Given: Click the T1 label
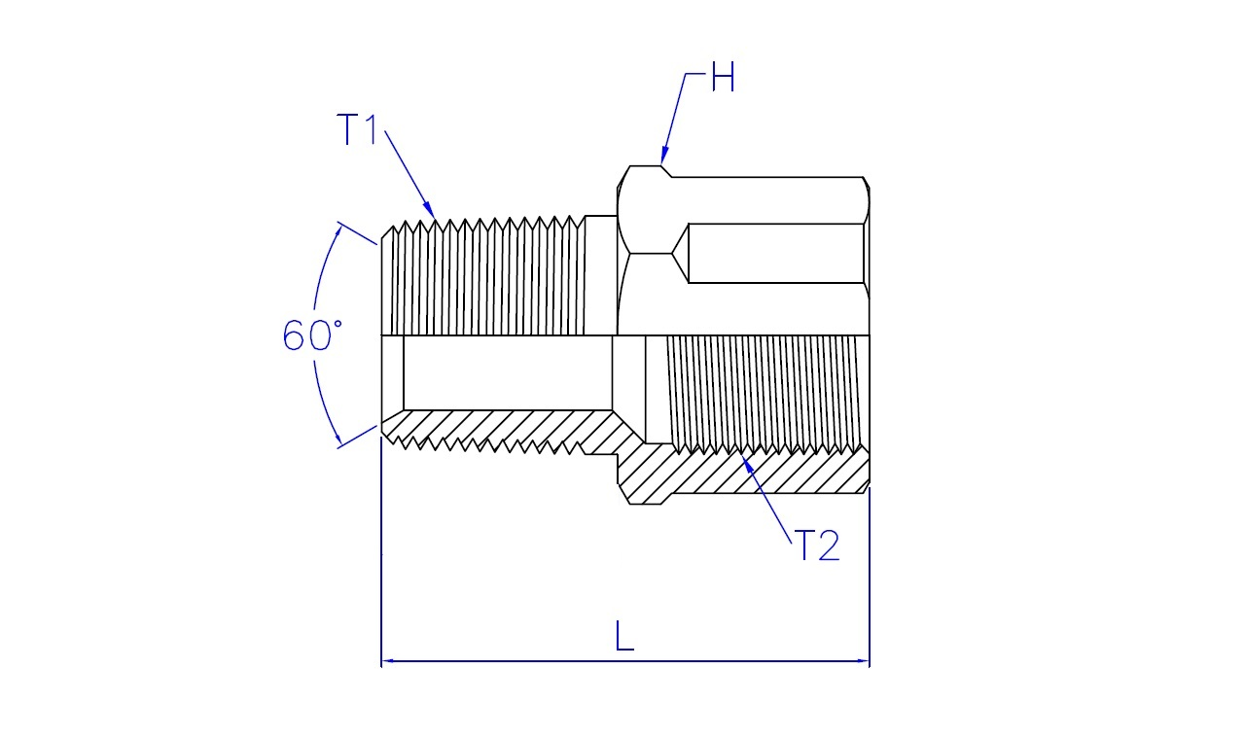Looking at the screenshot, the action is tap(357, 129).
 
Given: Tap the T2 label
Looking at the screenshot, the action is tap(816, 545).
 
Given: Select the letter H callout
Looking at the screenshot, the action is tap(723, 76).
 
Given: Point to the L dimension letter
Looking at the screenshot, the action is tap(624, 636).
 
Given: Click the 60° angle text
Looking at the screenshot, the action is tap(312, 334).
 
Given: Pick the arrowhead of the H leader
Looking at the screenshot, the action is tap(663, 157).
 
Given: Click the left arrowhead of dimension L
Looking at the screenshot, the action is tap(388, 660).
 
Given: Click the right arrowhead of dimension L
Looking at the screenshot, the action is tap(863, 660).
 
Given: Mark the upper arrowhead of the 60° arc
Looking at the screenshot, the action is tap(337, 231).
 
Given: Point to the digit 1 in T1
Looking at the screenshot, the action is tap(372, 129).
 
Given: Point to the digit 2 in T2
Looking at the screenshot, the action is tap(829, 545).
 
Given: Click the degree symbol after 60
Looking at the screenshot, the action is tap(337, 324).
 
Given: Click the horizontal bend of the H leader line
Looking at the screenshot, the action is tap(694, 73).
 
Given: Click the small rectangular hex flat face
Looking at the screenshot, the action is tap(776, 254).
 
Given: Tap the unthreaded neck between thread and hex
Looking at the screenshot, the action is tap(601, 275).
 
